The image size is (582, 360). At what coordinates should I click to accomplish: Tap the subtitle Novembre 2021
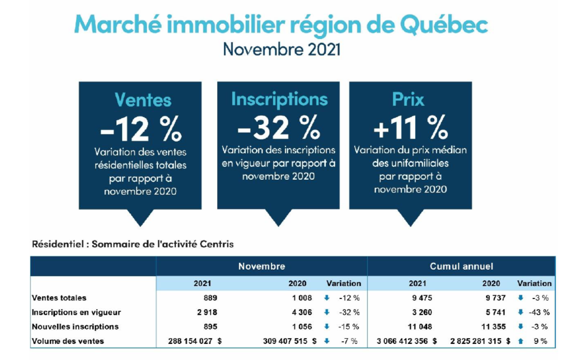[x=281, y=50]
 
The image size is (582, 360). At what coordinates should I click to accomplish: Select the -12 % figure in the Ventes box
[x=141, y=128]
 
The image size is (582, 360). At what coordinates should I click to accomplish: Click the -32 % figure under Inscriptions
[x=279, y=127]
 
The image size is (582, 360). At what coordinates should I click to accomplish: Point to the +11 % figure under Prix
[x=410, y=127]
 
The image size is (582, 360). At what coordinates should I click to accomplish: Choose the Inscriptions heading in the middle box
[x=279, y=99]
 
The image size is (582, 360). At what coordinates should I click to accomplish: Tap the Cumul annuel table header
[x=461, y=267]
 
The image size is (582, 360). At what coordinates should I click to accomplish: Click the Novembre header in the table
[x=262, y=267]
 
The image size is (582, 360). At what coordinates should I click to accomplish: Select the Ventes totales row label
[x=59, y=298]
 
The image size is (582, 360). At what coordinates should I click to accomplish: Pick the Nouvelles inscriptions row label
[x=75, y=326]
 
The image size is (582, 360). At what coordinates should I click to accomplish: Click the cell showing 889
[x=210, y=298]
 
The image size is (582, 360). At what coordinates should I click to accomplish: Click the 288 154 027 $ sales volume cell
[x=195, y=341]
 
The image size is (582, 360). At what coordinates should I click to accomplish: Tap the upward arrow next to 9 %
[x=520, y=341]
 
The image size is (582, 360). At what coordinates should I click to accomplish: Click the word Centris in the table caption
[x=217, y=244]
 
